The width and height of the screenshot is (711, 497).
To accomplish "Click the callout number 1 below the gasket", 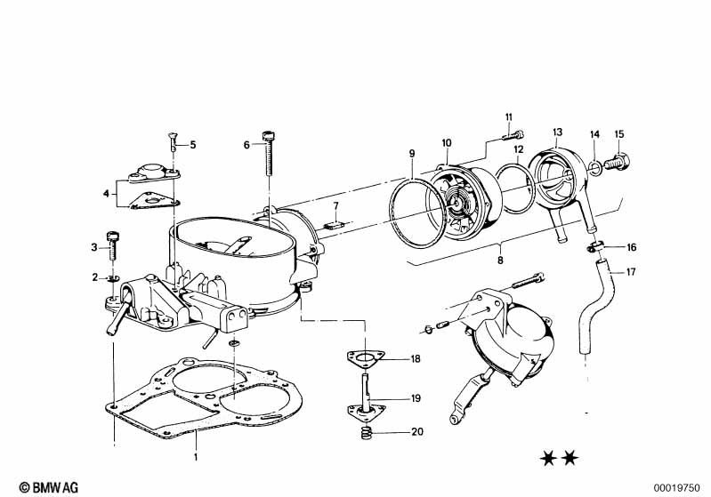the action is (x=196, y=457).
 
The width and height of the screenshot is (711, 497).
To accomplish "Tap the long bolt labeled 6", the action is (x=269, y=153).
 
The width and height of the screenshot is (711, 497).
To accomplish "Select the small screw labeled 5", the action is (x=173, y=142).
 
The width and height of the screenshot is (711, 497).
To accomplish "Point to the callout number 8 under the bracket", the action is (x=500, y=261).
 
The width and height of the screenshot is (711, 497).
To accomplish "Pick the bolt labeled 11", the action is (x=513, y=134).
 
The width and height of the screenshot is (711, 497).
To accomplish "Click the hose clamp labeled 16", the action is (x=595, y=247).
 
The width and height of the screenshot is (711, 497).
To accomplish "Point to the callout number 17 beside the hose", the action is (x=631, y=272).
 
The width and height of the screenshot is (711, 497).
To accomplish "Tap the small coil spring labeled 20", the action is (x=367, y=433).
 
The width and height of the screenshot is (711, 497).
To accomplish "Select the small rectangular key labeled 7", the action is (x=335, y=224).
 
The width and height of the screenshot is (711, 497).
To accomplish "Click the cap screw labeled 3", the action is (x=112, y=245).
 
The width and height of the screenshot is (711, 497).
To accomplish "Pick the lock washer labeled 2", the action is (x=112, y=277).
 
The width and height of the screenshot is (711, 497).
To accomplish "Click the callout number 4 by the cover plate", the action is (x=106, y=194).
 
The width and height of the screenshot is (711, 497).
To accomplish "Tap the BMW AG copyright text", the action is (x=49, y=487).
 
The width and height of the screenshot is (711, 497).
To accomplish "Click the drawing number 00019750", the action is (x=676, y=488).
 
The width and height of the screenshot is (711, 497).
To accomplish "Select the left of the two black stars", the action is (x=548, y=459).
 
